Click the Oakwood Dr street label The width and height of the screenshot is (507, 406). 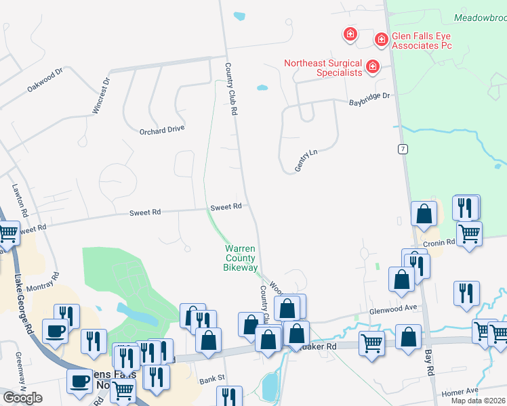point(45,79)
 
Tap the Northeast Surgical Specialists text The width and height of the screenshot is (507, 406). point(323,68)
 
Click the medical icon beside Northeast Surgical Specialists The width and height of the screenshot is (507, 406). point(372,66)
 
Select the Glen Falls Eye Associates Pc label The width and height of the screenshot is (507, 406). point(422,41)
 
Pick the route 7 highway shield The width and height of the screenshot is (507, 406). point(403,148)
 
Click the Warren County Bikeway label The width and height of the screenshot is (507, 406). point(241,258)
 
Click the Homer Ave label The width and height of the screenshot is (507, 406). point(460,392)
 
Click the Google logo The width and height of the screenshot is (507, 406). point(22,397)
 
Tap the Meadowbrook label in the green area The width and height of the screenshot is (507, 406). point(481,18)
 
